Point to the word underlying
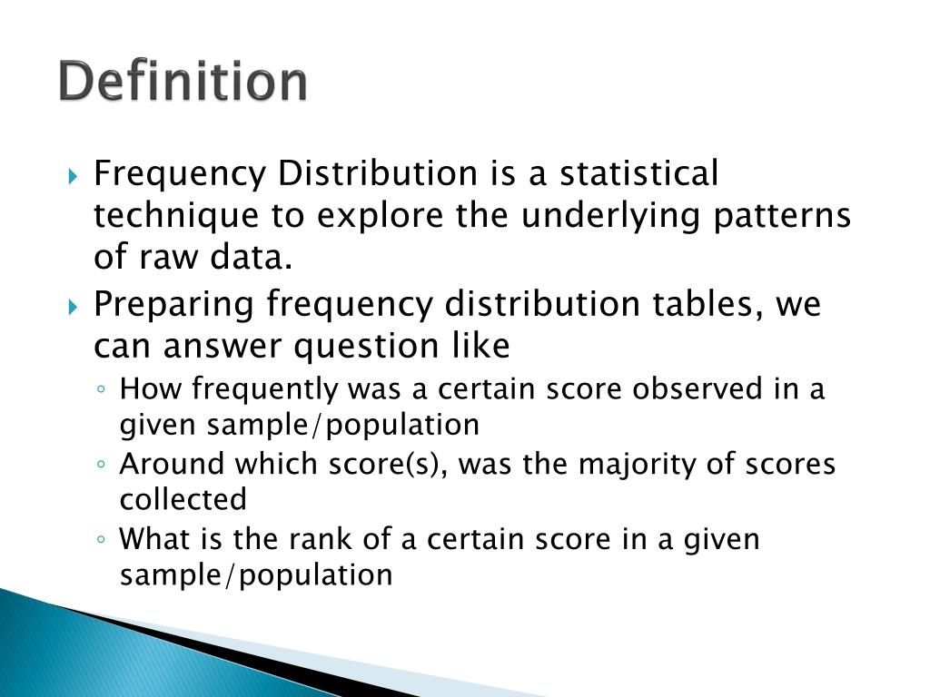click(579, 216)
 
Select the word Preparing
click(173, 304)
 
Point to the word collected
click(183, 499)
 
